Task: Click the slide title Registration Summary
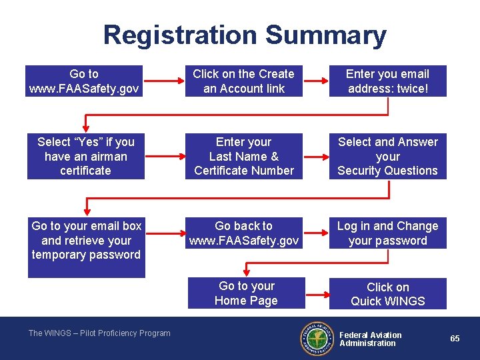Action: (245, 35)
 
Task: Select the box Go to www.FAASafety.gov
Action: (85, 81)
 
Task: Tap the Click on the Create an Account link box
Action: (243, 81)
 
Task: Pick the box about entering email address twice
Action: (387, 81)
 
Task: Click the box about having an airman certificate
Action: (85, 156)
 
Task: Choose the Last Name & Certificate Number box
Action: (243, 156)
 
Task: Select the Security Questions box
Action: (387, 156)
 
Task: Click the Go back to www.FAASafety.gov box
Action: (243, 233)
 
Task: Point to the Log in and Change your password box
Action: (387, 233)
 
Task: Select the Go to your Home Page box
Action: (246, 293)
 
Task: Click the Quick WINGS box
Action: (387, 294)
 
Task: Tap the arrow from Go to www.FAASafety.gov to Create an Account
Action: (164, 81)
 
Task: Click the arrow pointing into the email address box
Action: (315, 81)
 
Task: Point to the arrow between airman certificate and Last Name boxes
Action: (164, 156)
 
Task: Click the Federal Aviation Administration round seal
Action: (317, 339)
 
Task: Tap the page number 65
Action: (455, 339)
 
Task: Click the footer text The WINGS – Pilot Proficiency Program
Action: (99, 333)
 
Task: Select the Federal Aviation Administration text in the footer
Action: (370, 339)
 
